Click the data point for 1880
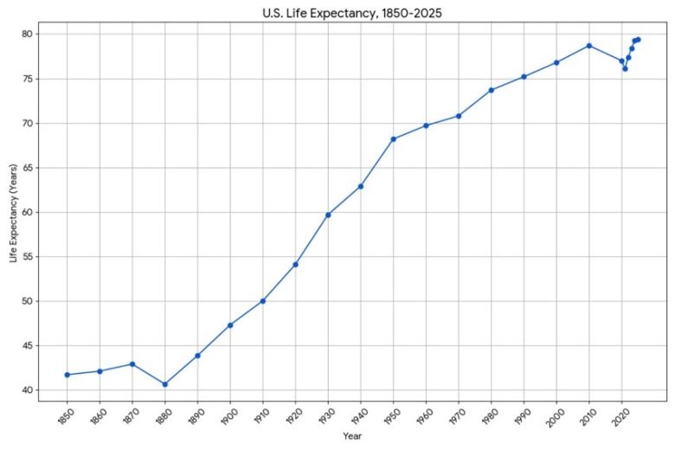(164, 384)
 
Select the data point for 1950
(393, 139)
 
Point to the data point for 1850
(67, 375)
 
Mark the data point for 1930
(328, 215)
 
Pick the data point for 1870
(132, 363)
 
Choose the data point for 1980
(491, 90)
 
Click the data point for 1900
(230, 325)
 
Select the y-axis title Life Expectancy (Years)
(13, 213)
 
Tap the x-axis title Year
(352, 435)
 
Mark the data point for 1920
(295, 265)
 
